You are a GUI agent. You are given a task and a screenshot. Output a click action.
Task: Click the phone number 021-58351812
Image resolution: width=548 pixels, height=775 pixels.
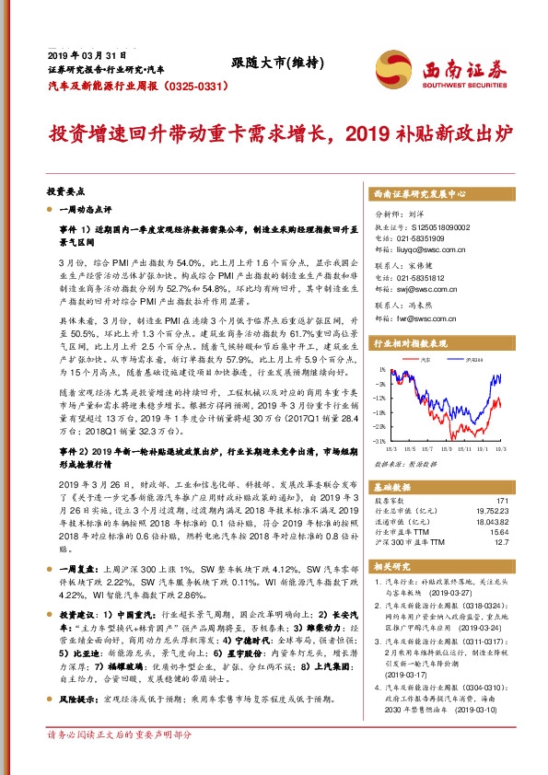tap(421, 277)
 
